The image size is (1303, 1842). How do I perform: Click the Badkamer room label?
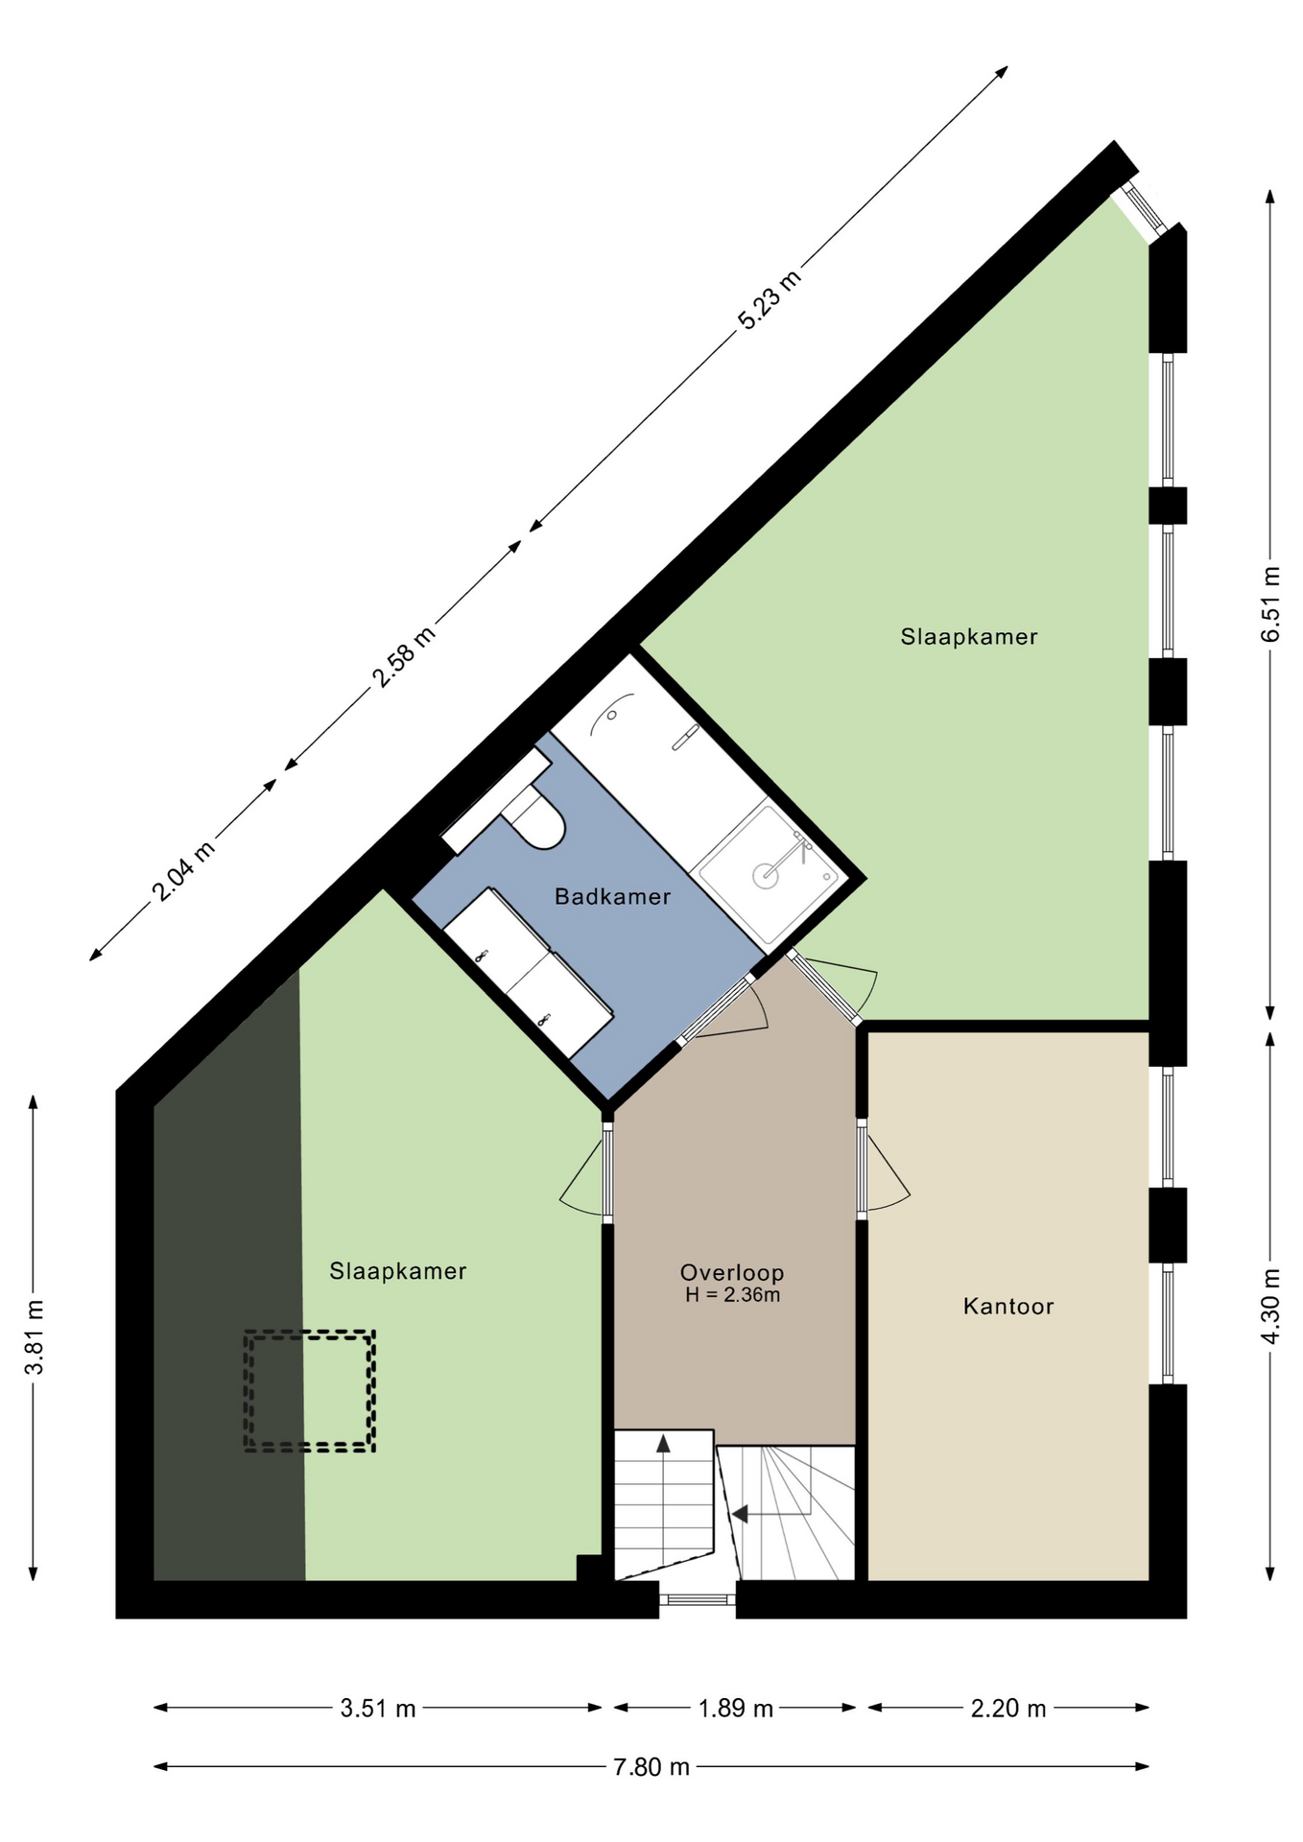coord(612,897)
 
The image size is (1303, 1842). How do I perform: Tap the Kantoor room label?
coord(1008,1306)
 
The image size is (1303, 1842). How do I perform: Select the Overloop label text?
coord(732,1273)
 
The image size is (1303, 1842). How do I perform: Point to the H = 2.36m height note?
coord(732,1295)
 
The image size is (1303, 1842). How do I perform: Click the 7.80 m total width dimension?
coord(651,1766)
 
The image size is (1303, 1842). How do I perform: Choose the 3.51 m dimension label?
coord(378,1708)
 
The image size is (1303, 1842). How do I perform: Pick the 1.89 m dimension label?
coord(735,1708)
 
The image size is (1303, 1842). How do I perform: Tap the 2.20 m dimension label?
coord(1007,1708)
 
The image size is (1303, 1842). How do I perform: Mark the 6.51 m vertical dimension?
coord(1270,604)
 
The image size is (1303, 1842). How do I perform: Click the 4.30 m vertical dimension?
coord(1270,1307)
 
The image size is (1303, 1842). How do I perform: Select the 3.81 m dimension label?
coord(35,1337)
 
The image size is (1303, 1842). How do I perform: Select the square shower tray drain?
coord(765,875)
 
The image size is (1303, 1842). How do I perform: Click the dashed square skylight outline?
coord(309,1332)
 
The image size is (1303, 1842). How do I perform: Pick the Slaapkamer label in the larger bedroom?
coord(969,636)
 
